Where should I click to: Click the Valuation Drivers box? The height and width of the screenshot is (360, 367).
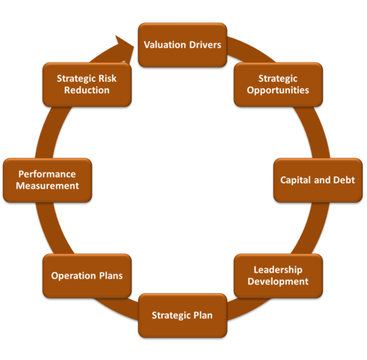tap(183, 45)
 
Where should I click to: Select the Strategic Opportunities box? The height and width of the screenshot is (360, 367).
tap(278, 84)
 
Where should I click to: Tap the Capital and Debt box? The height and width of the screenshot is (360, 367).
tap(318, 180)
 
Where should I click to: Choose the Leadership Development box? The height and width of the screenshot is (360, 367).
tap(278, 276)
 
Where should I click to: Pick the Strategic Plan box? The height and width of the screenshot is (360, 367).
tap(183, 315)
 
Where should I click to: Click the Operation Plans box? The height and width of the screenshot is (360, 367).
tap(87, 276)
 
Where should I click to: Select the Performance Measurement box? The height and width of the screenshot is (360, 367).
tap(48, 180)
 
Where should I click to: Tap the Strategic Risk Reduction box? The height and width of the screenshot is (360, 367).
tap(87, 84)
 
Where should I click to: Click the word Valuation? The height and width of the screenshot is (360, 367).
tap(165, 45)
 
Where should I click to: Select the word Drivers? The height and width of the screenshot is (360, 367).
tap(205, 45)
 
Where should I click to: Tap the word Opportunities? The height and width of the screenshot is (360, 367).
tap(278, 90)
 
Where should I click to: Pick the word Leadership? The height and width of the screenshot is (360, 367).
tap(278, 270)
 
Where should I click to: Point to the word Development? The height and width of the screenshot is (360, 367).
tap(278, 281)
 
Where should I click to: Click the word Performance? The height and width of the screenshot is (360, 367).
tap(47, 174)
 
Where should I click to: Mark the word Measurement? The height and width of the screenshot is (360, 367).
tap(48, 186)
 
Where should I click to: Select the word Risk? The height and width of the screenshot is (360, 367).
tap(107, 79)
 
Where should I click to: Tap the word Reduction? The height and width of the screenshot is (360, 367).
tap(87, 90)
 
